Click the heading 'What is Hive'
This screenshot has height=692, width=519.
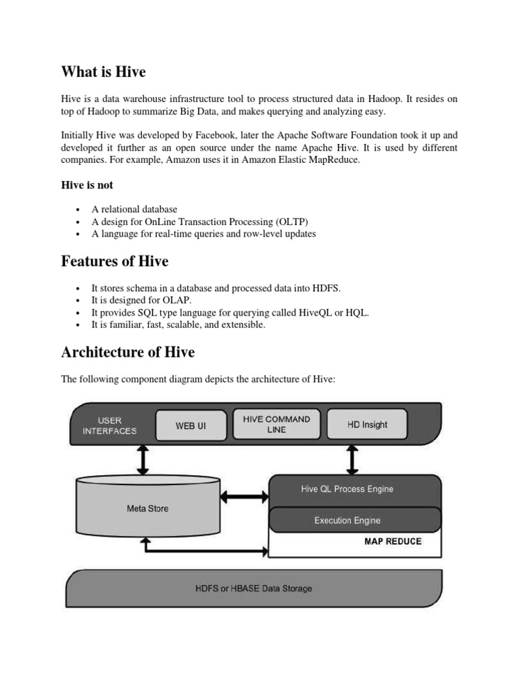pyautogui.click(x=103, y=72)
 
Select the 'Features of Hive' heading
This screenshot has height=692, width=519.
pyautogui.click(x=115, y=261)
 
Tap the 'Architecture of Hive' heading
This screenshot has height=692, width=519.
pyautogui.click(x=128, y=352)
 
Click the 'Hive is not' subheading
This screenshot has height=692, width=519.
pyautogui.click(x=87, y=185)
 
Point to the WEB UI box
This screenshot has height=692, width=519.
pyautogui.click(x=191, y=426)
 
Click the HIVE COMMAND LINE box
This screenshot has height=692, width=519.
pyautogui.click(x=276, y=424)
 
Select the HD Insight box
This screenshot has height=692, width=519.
pyautogui.click(x=367, y=424)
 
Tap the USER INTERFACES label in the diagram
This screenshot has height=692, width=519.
pyautogui.click(x=109, y=425)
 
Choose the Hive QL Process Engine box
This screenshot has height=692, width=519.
pyautogui.click(x=347, y=489)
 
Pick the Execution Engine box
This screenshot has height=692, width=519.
pyautogui.click(x=347, y=520)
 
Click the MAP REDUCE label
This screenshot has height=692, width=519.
pyautogui.click(x=393, y=541)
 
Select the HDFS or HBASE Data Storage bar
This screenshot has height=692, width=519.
pyautogui.click(x=253, y=588)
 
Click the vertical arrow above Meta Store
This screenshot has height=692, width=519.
pyautogui.click(x=143, y=460)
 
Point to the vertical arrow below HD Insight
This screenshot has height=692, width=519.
pyautogui.click(x=352, y=460)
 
